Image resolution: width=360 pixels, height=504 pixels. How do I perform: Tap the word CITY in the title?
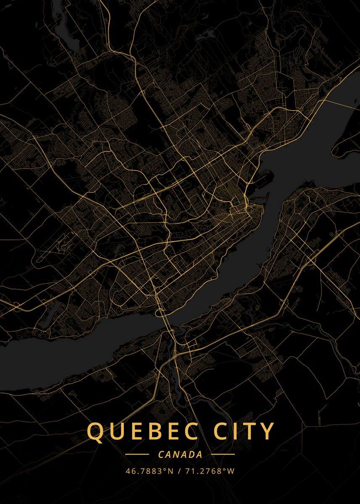click(x=245, y=431)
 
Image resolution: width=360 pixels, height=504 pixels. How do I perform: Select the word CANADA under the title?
click(x=180, y=454)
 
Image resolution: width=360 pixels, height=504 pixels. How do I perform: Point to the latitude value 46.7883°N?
click(x=150, y=471)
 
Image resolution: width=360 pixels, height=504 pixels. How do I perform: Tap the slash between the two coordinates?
click(x=179, y=471)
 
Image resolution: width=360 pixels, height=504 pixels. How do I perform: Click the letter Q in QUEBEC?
click(x=95, y=432)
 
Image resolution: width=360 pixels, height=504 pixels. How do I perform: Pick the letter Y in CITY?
click(x=267, y=431)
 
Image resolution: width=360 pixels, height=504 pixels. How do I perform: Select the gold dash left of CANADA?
click(x=137, y=454)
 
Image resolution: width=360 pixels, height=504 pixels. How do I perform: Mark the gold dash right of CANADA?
click(x=223, y=454)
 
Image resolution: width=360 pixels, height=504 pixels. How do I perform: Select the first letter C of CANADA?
click(x=161, y=454)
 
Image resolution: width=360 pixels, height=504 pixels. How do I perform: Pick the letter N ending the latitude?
click(x=170, y=471)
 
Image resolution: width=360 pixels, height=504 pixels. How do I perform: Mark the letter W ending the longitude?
click(x=231, y=471)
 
